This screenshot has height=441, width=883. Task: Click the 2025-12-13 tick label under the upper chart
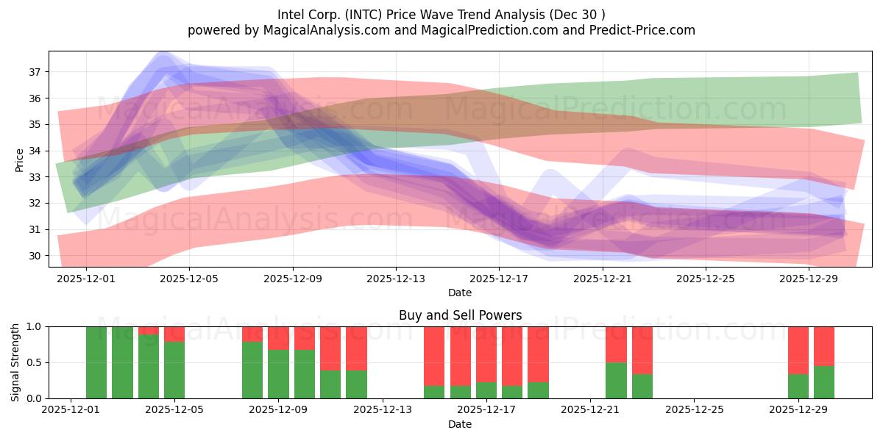click(x=396, y=279)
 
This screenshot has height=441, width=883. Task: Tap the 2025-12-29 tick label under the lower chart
click(x=798, y=411)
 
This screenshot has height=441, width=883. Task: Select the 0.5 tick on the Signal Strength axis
click(x=35, y=362)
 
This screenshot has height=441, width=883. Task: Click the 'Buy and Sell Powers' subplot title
click(x=460, y=315)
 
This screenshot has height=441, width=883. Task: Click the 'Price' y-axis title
click(x=19, y=159)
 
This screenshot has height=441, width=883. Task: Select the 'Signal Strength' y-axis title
click(x=15, y=362)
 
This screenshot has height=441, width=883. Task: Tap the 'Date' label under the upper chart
click(x=460, y=293)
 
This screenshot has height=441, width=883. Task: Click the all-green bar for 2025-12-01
click(x=96, y=362)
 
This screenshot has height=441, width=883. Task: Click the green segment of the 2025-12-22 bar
click(x=616, y=381)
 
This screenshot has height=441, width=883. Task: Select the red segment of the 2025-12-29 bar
click(x=798, y=350)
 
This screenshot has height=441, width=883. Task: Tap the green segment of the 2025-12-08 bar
click(x=252, y=370)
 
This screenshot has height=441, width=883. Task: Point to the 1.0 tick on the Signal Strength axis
click(x=35, y=326)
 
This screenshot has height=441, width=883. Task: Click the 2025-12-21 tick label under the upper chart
click(x=603, y=279)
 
